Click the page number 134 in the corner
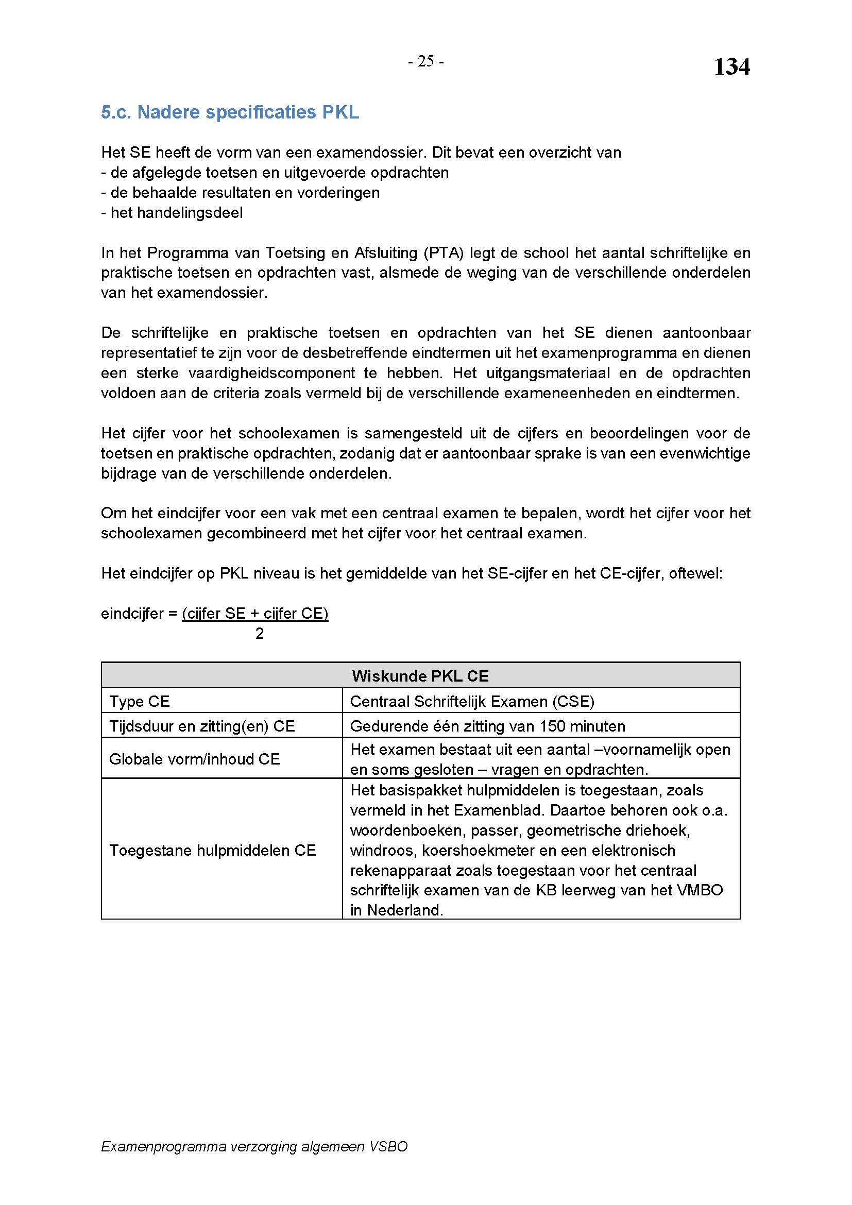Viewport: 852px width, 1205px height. [732, 67]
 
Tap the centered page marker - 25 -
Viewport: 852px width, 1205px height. [426, 62]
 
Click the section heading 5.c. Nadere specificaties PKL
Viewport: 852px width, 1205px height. [230, 112]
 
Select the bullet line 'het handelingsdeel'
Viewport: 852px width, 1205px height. [176, 213]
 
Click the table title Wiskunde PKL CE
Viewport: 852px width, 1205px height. [420, 675]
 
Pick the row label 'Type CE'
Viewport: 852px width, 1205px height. [140, 701]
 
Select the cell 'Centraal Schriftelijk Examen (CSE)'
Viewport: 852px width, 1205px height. [472, 701]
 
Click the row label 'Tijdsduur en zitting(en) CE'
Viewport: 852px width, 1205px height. [202, 726]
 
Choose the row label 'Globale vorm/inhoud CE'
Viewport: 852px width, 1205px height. [195, 759]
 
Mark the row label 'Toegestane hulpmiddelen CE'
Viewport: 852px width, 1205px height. [212, 850]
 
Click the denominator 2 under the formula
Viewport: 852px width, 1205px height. [259, 634]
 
